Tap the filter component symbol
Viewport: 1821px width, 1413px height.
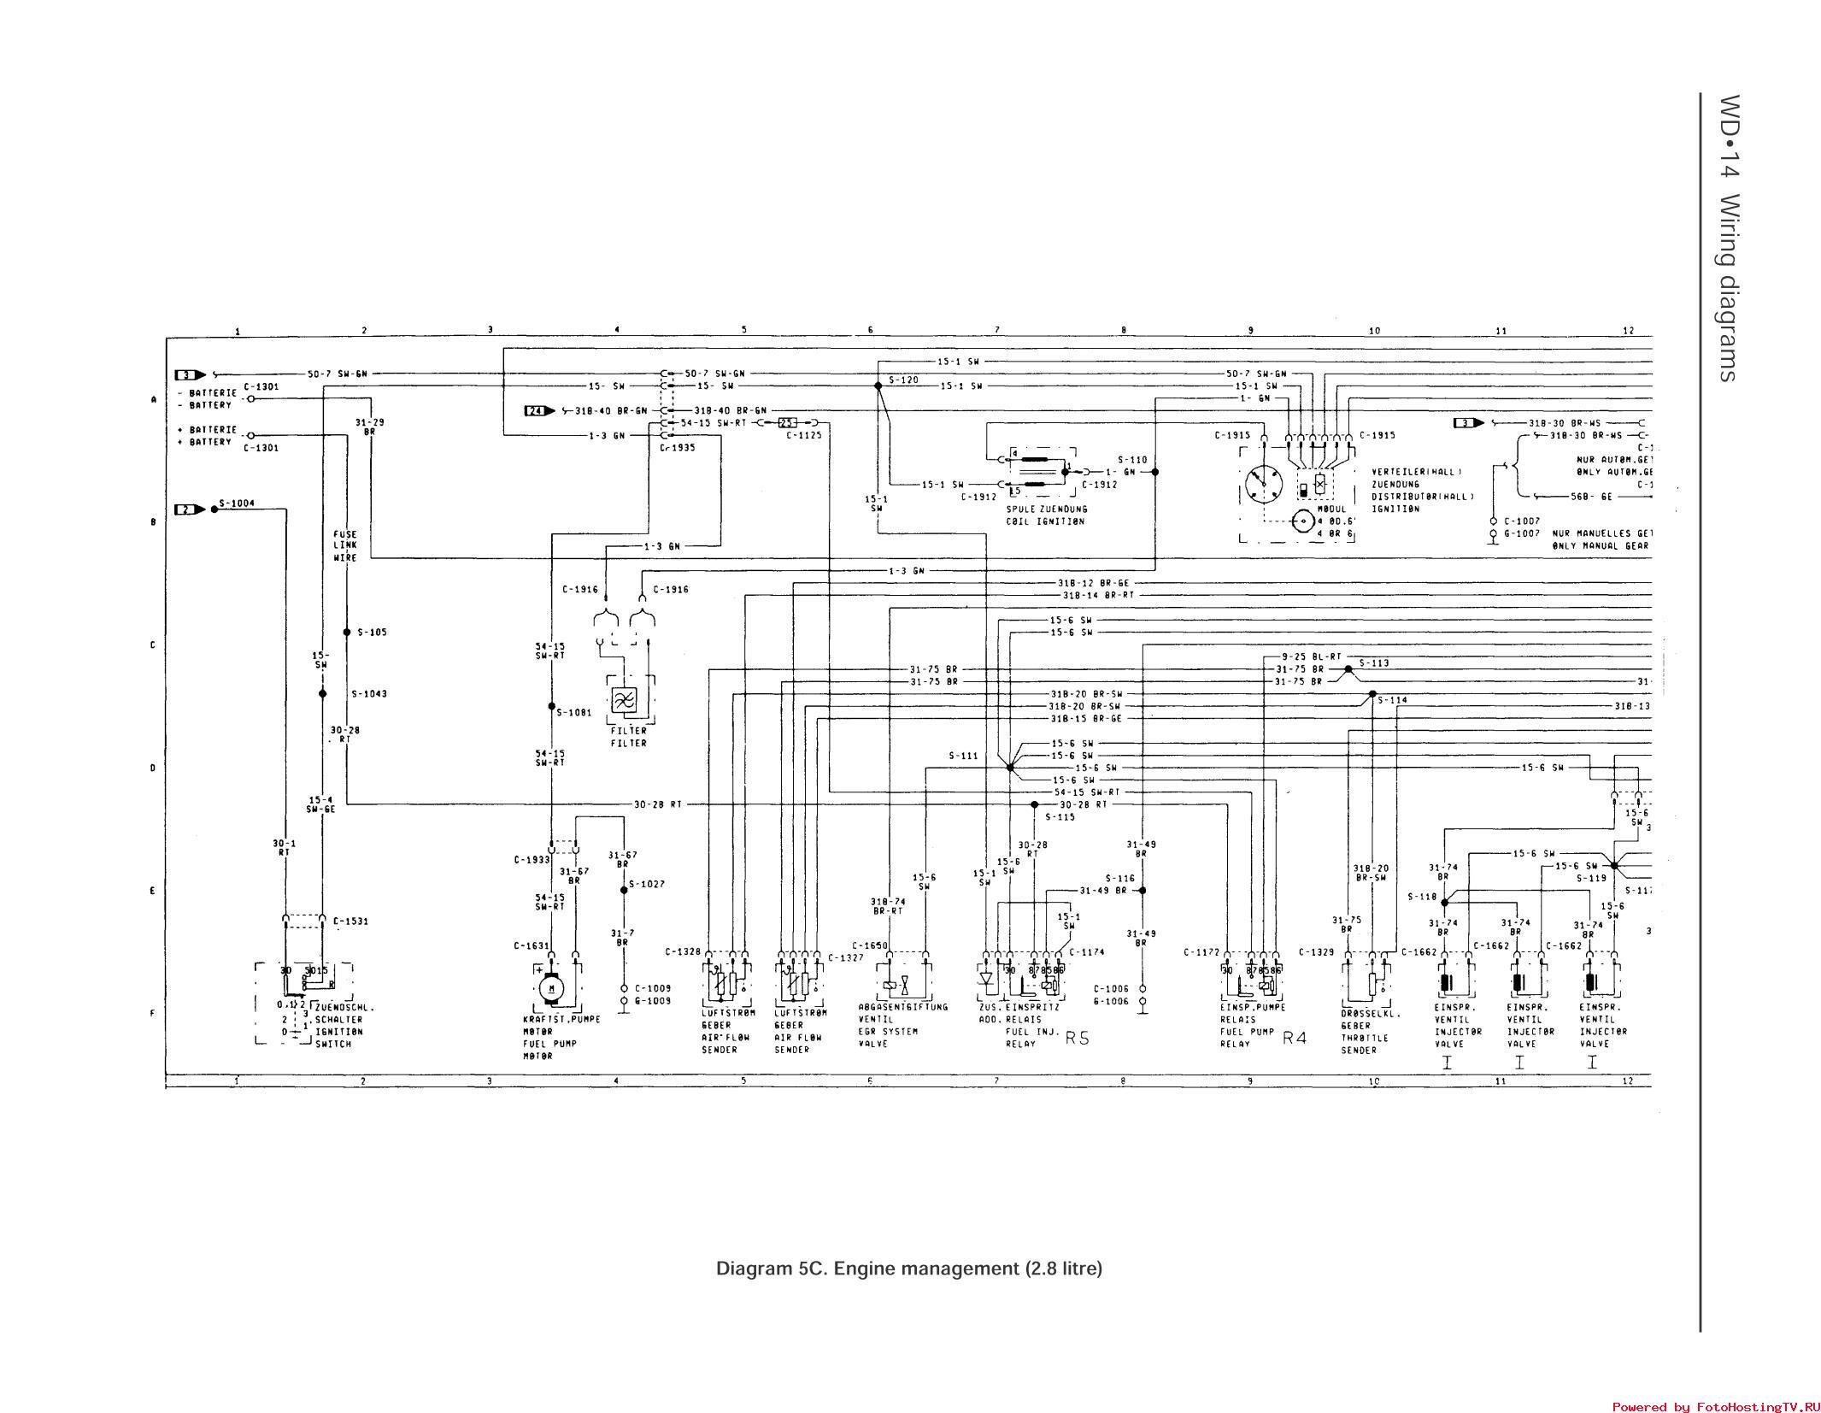coord(624,701)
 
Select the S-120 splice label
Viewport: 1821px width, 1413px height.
coord(902,380)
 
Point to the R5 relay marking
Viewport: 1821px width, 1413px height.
coord(1077,1038)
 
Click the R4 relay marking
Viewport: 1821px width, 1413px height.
coord(1295,1038)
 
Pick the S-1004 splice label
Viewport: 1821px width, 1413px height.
coord(237,503)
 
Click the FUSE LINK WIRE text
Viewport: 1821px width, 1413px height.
coord(345,545)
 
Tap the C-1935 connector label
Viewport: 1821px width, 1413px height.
coord(678,447)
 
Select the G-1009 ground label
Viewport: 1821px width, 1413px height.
coord(653,1000)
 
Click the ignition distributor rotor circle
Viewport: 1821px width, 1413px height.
coord(1263,485)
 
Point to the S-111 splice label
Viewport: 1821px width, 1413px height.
coord(963,757)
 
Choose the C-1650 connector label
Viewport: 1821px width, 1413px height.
coord(870,945)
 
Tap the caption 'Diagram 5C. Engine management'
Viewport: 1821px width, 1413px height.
coord(908,1268)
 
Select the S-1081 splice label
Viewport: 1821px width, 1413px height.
coord(573,712)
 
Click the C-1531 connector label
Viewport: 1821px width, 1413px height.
coord(350,921)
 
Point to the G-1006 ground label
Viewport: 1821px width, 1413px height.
coord(1111,1001)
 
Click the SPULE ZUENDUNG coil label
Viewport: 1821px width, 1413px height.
coord(1047,509)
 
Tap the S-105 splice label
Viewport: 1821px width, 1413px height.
coord(372,633)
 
